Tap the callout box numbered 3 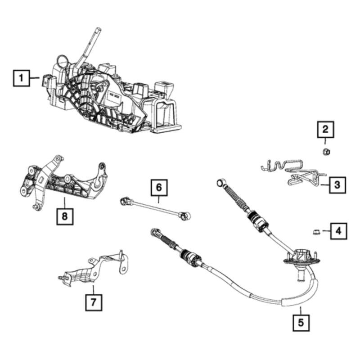pyautogui.click(x=337, y=184)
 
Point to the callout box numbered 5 pyautogui.click(x=301, y=322)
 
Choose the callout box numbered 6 pyautogui.click(x=158, y=187)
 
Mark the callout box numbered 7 pyautogui.click(x=93, y=301)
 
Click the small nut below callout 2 pyautogui.click(x=326, y=152)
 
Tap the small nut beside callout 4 pyautogui.click(x=316, y=232)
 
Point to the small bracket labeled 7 pyautogui.click(x=94, y=270)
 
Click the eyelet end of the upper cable pyautogui.click(x=220, y=183)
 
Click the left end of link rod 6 pyautogui.click(x=123, y=200)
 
